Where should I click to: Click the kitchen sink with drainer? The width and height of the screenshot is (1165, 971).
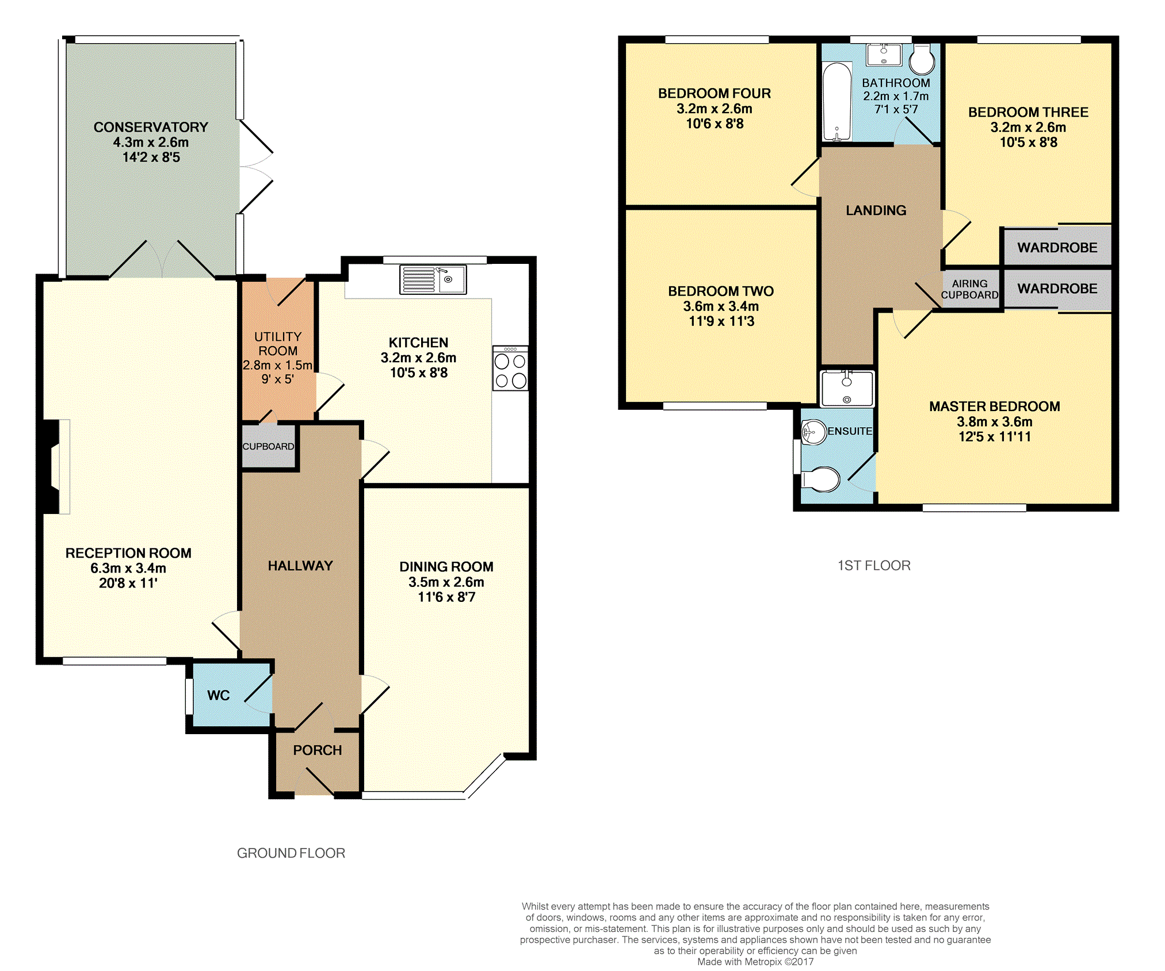(433, 280)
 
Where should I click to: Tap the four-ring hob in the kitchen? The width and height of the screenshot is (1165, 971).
(510, 369)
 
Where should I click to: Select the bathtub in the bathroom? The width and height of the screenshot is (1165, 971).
(836, 102)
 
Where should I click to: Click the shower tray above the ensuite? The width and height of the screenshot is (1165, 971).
(847, 389)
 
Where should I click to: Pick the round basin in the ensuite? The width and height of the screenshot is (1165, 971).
(814, 432)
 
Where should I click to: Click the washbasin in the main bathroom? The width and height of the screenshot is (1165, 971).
(884, 55)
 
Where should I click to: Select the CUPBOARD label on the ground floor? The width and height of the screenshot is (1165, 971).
(268, 447)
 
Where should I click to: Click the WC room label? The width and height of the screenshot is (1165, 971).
(219, 696)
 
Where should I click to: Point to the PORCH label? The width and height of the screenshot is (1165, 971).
(318, 750)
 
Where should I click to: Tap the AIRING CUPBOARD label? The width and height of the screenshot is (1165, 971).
(970, 289)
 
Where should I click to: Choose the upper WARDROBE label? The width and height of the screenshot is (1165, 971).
(1057, 248)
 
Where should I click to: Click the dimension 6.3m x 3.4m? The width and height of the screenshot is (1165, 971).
(128, 568)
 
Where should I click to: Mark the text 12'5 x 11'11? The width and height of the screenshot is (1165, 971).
(995, 436)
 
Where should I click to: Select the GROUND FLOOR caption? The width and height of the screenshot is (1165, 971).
(291, 853)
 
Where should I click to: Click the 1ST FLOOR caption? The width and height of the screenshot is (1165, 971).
(874, 566)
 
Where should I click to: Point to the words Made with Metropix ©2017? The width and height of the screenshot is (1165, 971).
(755, 962)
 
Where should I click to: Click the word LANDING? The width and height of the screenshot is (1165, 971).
(876, 210)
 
